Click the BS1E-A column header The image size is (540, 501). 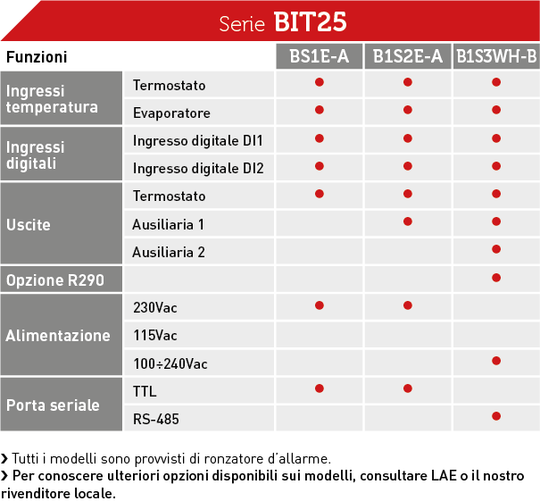tap(320, 56)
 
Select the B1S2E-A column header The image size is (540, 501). tap(408, 56)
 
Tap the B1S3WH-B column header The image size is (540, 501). tap(496, 56)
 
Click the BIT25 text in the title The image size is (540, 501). tap(310, 22)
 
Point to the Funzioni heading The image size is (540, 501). tap(37, 57)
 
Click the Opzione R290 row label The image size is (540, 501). tap(55, 280)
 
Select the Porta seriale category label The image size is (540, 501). tap(53, 405)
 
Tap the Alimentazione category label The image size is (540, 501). tap(58, 335)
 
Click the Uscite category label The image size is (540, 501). tap(29, 225)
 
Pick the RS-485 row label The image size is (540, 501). tap(156, 419)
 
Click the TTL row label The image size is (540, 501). tap(145, 391)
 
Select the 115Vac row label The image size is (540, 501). tap(155, 335)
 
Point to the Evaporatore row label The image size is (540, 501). tap(171, 113)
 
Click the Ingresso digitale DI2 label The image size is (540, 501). tap(198, 169)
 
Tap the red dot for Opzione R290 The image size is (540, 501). tap(496, 278)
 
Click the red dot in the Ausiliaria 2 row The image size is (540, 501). tap(496, 249)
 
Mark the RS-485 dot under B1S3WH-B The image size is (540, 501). tap(496, 416)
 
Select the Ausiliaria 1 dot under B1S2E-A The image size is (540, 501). tap(408, 221)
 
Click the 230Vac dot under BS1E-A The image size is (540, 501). tap(320, 305)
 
